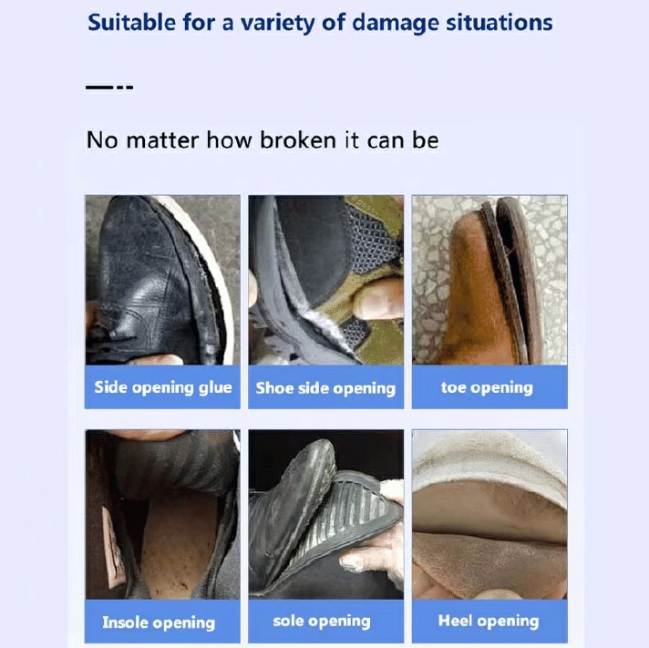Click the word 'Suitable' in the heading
tap(131, 22)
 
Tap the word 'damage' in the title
tap(395, 24)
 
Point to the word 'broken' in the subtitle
tap(297, 139)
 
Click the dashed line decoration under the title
tap(109, 87)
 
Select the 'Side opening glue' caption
tap(162, 387)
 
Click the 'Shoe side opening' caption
tap(325, 388)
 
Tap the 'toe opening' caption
tap(487, 387)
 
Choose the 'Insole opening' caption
tap(159, 622)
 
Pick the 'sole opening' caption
tap(322, 621)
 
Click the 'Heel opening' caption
tap(489, 621)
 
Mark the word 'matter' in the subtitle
tap(162, 139)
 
